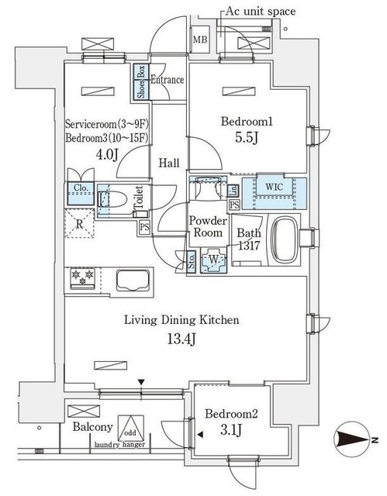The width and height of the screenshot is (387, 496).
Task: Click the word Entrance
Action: (166, 79)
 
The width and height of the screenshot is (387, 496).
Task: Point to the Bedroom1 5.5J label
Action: (247, 129)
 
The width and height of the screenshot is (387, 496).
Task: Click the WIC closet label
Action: (274, 187)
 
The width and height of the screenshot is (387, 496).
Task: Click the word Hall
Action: (170, 164)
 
